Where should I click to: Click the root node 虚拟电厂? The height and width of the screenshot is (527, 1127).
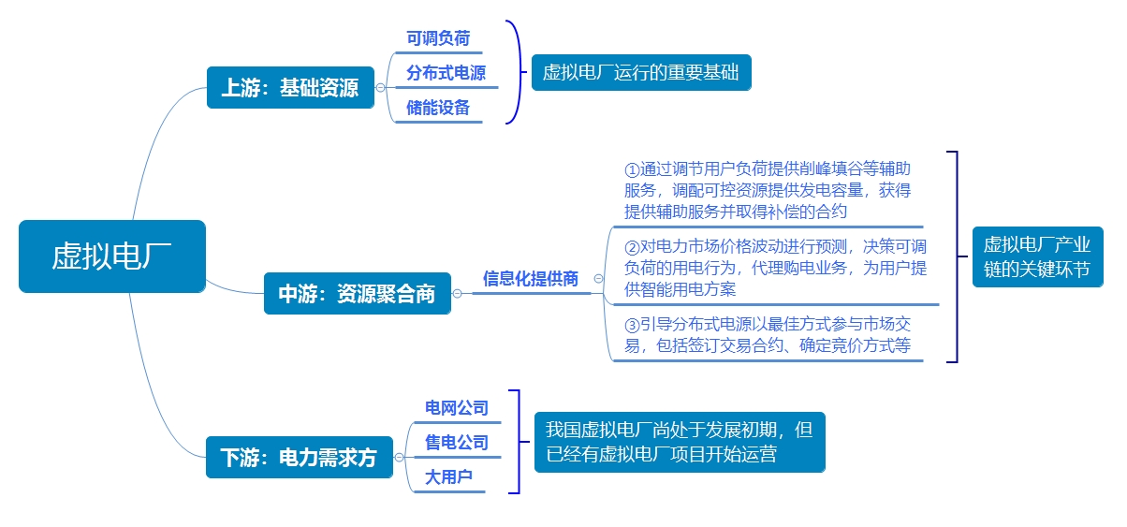coord(112,256)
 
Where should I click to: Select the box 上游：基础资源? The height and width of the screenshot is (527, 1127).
coord(290,88)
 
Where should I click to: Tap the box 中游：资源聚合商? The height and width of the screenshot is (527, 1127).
coord(358,293)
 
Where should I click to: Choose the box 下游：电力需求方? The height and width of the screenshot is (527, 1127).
coord(300,457)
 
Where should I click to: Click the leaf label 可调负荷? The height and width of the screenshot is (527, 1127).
coord(438,38)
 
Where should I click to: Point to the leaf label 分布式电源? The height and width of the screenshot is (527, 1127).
coord(446,73)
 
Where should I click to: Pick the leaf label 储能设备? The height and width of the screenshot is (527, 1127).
coord(438,108)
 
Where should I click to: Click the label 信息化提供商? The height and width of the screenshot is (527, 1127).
coord(531,279)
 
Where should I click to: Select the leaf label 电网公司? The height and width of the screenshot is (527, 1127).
coord(457,408)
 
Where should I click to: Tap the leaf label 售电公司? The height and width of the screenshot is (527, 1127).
coord(457,443)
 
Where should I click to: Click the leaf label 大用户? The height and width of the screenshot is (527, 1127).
coord(448,476)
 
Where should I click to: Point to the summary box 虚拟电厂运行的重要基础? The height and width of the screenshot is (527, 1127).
coord(641,72)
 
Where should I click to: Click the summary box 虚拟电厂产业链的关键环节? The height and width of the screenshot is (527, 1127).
coord(1038,256)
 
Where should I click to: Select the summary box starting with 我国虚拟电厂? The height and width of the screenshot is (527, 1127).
coord(680,442)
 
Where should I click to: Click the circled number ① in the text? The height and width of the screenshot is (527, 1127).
coord(632,170)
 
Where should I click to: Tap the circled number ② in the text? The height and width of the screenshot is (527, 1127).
coord(632,248)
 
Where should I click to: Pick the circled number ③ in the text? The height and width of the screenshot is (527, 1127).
coord(632,325)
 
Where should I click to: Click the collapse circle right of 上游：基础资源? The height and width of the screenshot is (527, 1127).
coord(380,88)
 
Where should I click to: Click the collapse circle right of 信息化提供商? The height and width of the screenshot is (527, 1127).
coord(598,278)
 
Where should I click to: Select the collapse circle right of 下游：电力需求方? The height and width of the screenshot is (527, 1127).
coord(399,457)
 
